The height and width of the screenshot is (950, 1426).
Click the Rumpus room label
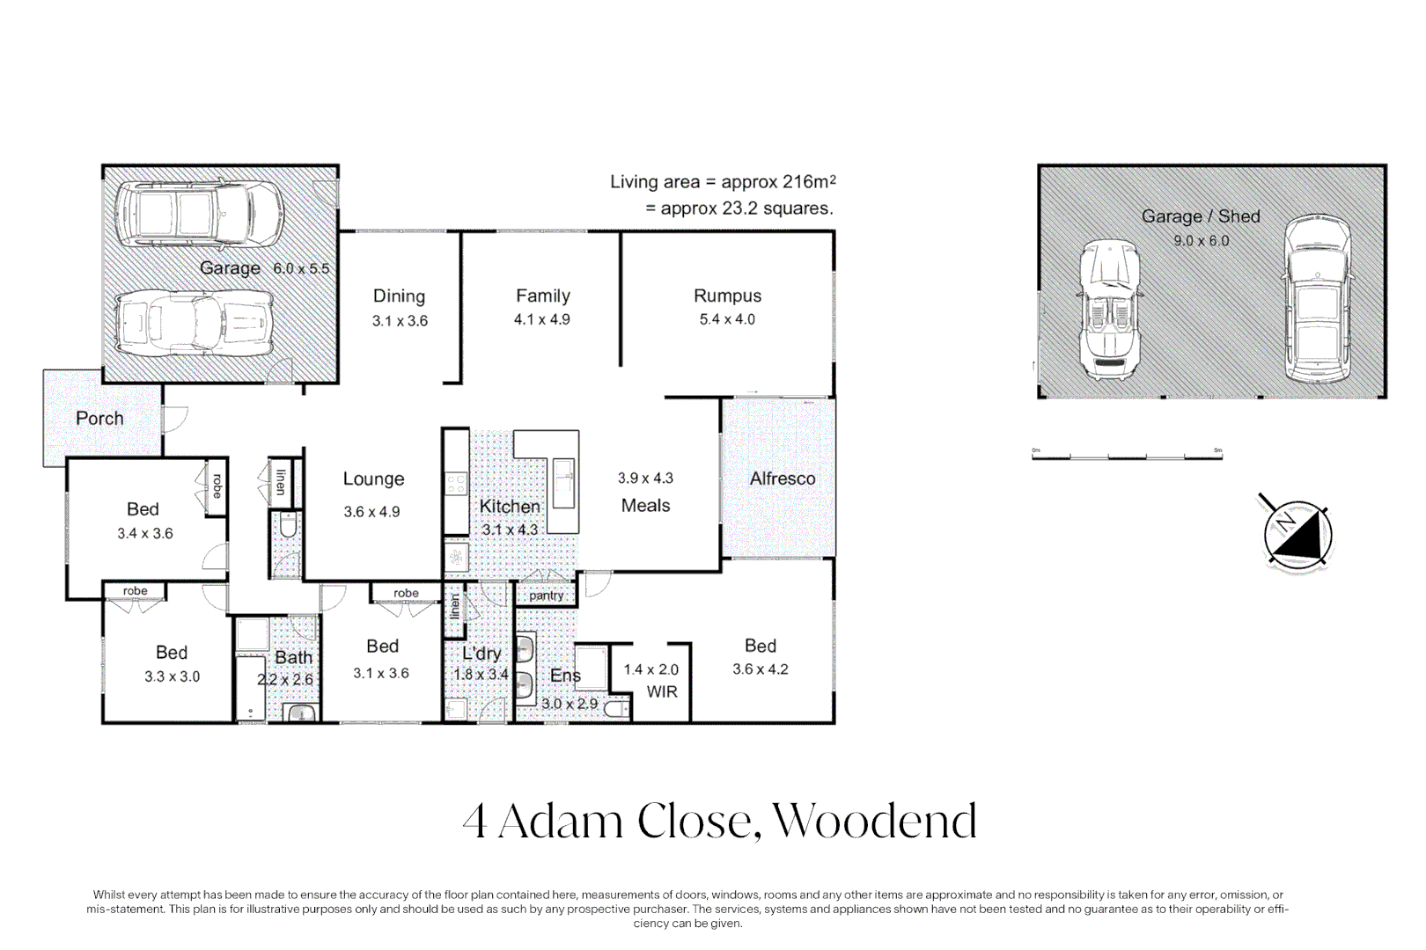pos(727,296)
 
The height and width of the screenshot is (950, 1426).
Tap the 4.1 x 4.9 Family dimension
pos(541,320)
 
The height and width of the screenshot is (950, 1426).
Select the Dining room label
pos(399,296)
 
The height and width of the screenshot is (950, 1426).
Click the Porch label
pos(99,419)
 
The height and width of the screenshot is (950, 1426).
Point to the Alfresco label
pos(782,479)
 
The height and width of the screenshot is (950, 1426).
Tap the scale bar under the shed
pos(1127,456)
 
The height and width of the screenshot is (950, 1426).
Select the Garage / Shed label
pos(1200,216)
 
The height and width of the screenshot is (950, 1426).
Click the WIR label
pos(662,692)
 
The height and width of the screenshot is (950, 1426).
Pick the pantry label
pos(546,596)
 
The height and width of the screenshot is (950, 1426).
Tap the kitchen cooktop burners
pos(456,484)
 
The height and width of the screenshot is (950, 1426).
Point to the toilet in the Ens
pos(618,709)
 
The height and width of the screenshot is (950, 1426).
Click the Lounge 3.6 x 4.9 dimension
pos(371,512)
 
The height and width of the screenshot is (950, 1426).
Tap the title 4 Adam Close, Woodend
pos(719,821)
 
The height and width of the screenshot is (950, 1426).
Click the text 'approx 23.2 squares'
pos(739,208)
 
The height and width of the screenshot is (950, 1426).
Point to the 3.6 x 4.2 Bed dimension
pos(760,669)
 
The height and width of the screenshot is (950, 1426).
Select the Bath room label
pos(293,657)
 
